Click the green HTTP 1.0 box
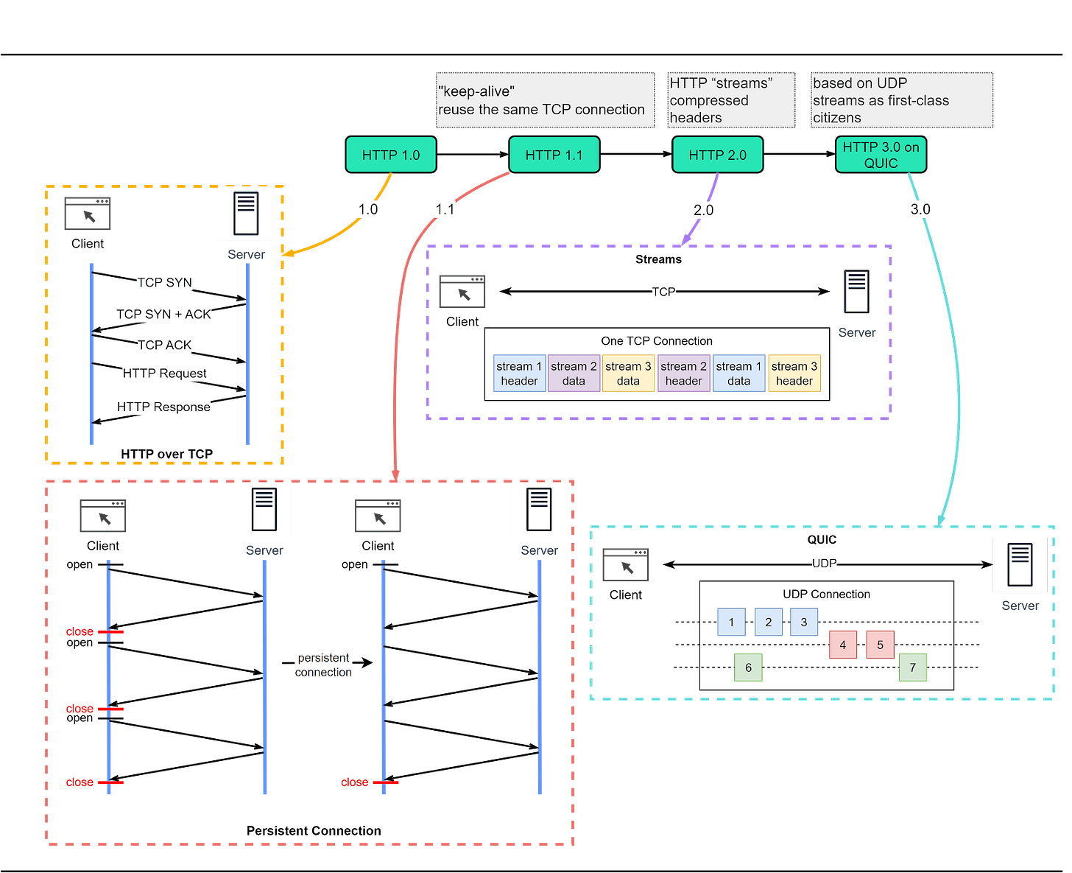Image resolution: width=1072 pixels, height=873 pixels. (x=391, y=155)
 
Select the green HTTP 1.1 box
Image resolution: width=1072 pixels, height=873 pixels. (x=554, y=155)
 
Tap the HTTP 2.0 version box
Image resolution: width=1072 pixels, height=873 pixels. (x=717, y=155)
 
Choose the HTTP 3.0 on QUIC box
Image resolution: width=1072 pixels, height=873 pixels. (x=881, y=155)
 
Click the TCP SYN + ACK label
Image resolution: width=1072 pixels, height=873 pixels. (x=164, y=315)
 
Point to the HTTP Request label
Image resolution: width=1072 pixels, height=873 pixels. (x=165, y=374)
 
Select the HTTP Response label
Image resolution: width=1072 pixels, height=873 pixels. (x=163, y=407)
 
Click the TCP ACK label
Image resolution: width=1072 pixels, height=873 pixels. (x=164, y=345)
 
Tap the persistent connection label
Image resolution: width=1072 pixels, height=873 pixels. (x=323, y=665)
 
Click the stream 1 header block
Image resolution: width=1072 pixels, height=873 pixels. (x=519, y=374)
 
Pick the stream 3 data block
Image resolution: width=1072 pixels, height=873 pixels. (x=628, y=374)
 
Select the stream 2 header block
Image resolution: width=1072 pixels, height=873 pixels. (x=683, y=374)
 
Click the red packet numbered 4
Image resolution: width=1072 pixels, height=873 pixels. (x=843, y=645)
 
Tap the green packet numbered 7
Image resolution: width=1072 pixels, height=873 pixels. (x=913, y=667)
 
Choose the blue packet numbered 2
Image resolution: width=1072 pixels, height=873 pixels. (x=769, y=622)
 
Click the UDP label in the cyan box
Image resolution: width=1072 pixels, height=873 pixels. (x=824, y=564)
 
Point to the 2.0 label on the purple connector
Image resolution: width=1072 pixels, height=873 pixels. (x=703, y=210)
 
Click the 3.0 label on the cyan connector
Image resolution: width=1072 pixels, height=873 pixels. (x=920, y=209)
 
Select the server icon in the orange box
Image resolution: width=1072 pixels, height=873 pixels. (x=246, y=214)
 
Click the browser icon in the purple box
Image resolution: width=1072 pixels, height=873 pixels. (x=463, y=291)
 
